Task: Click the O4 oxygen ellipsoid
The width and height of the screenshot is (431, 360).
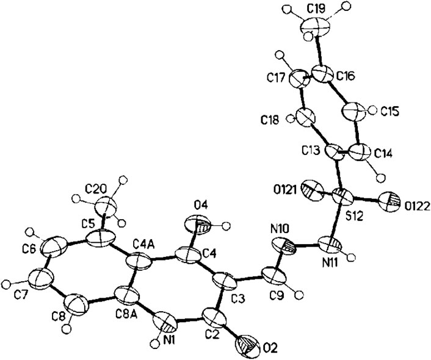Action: (203, 226)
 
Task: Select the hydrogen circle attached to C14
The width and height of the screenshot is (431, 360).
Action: (382, 178)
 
